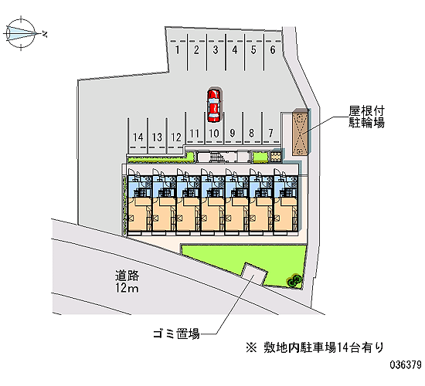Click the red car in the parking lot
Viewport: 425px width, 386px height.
pos(214,105)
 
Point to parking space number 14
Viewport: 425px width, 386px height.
pos(138,137)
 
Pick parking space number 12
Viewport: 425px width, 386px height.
pos(176,137)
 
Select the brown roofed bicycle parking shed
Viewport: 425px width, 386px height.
pos(300,132)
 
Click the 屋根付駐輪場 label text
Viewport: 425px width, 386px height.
pos(366,117)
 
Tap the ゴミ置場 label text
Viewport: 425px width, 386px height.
pos(176,334)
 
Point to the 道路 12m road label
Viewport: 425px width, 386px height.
pos(127,282)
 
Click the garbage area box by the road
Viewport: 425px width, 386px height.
pos(254,273)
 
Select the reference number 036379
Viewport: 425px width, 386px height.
pos(406,364)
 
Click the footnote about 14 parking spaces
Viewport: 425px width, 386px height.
pos(315,347)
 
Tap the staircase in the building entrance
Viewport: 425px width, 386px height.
pos(216,157)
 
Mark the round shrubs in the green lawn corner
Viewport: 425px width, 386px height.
pos(294,280)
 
